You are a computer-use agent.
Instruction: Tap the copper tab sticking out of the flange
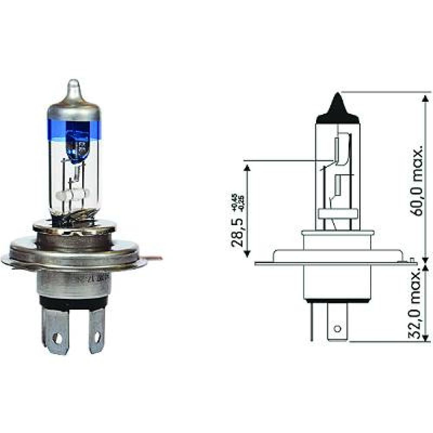click(154, 259)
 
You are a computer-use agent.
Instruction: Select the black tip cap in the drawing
click(338, 110)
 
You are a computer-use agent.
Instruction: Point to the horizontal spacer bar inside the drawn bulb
click(338, 213)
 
